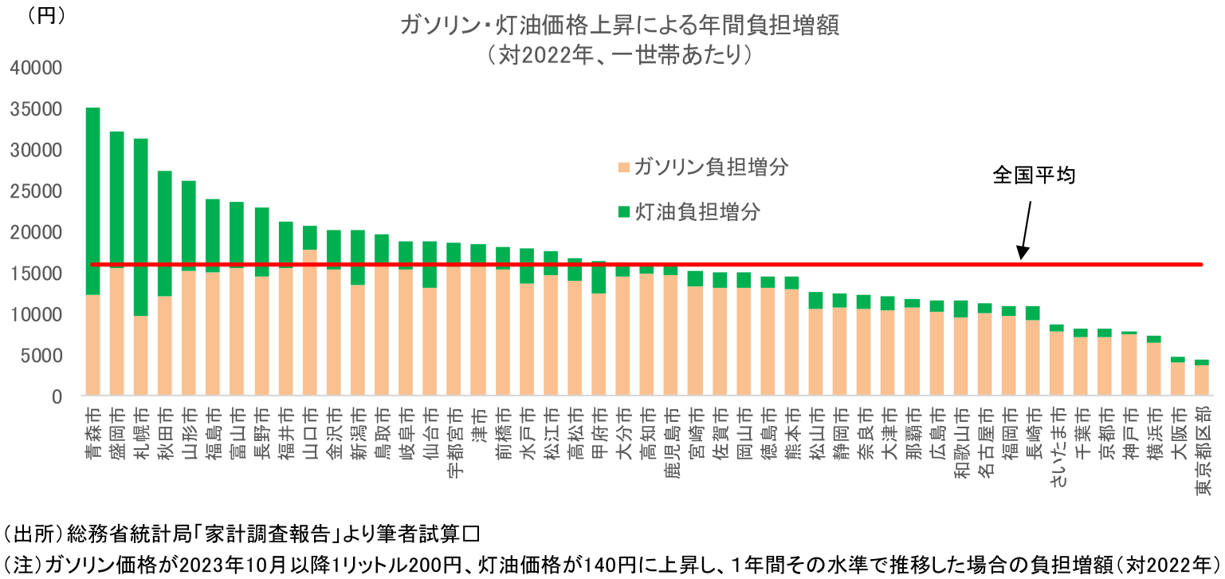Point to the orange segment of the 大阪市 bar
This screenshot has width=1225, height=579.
[x=1177, y=380]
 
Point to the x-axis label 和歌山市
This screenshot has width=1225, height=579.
[x=962, y=439]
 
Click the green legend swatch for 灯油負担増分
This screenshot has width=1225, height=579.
[x=623, y=212]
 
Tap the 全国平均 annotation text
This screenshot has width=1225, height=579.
[x=1034, y=176]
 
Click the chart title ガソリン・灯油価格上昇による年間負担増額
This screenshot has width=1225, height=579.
[x=619, y=25]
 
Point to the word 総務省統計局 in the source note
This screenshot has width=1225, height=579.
[x=115, y=531]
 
